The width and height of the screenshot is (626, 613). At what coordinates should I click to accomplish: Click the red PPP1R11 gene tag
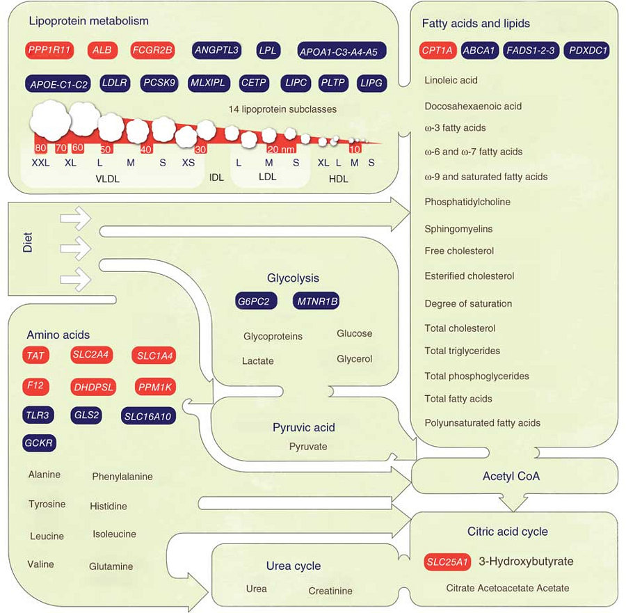coord(49,51)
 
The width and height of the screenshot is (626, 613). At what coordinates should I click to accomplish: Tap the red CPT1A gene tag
coord(438,50)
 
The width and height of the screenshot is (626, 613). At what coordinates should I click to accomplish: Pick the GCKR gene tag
coord(40,443)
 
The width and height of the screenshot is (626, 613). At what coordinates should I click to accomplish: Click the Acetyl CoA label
coord(511,477)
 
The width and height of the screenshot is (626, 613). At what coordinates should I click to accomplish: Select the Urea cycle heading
coord(294,566)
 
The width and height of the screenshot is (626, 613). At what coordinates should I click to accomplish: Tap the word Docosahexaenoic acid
coord(473,106)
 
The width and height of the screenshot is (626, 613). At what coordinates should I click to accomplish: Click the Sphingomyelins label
coord(458,229)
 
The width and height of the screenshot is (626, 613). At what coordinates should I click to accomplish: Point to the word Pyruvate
coord(308,447)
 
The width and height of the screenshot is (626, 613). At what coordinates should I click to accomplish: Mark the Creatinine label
coord(330,591)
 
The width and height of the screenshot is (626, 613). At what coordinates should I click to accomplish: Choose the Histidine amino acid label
coord(109,507)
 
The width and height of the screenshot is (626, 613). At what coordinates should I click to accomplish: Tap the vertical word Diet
coord(28,241)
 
